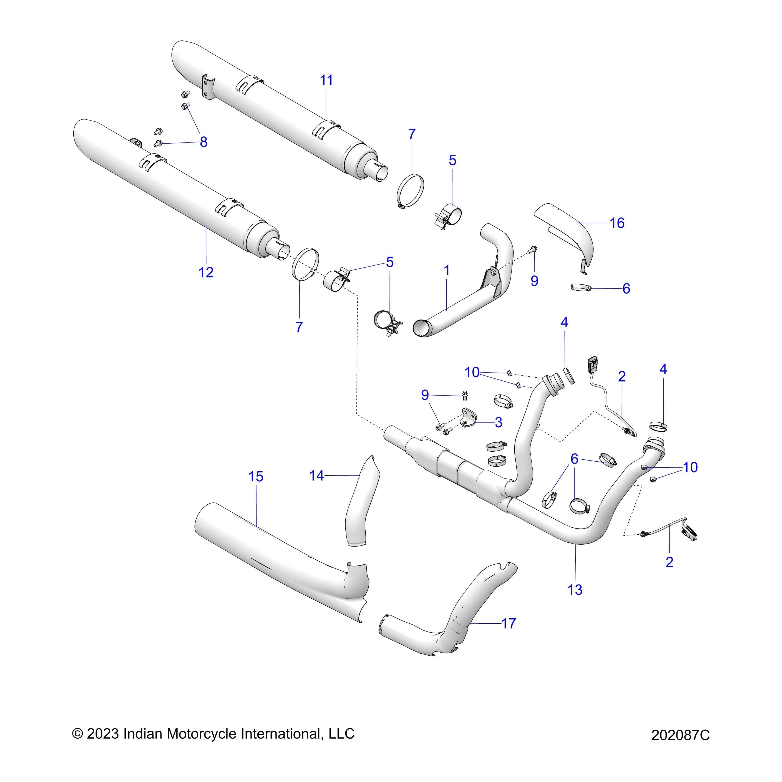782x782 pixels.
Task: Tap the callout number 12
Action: pyautogui.click(x=206, y=272)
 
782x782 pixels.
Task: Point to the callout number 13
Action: pyautogui.click(x=575, y=590)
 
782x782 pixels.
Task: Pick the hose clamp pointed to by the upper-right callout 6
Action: pyautogui.click(x=581, y=288)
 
